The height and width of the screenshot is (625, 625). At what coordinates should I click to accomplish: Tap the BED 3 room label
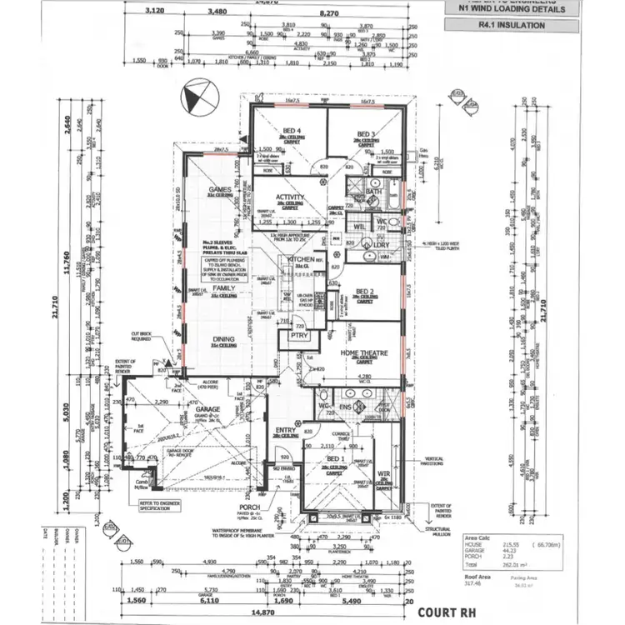366,134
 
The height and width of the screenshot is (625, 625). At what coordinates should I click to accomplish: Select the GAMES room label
219,189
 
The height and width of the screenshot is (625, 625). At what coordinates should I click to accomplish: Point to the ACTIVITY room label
290,197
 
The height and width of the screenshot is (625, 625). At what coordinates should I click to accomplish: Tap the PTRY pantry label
299,336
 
